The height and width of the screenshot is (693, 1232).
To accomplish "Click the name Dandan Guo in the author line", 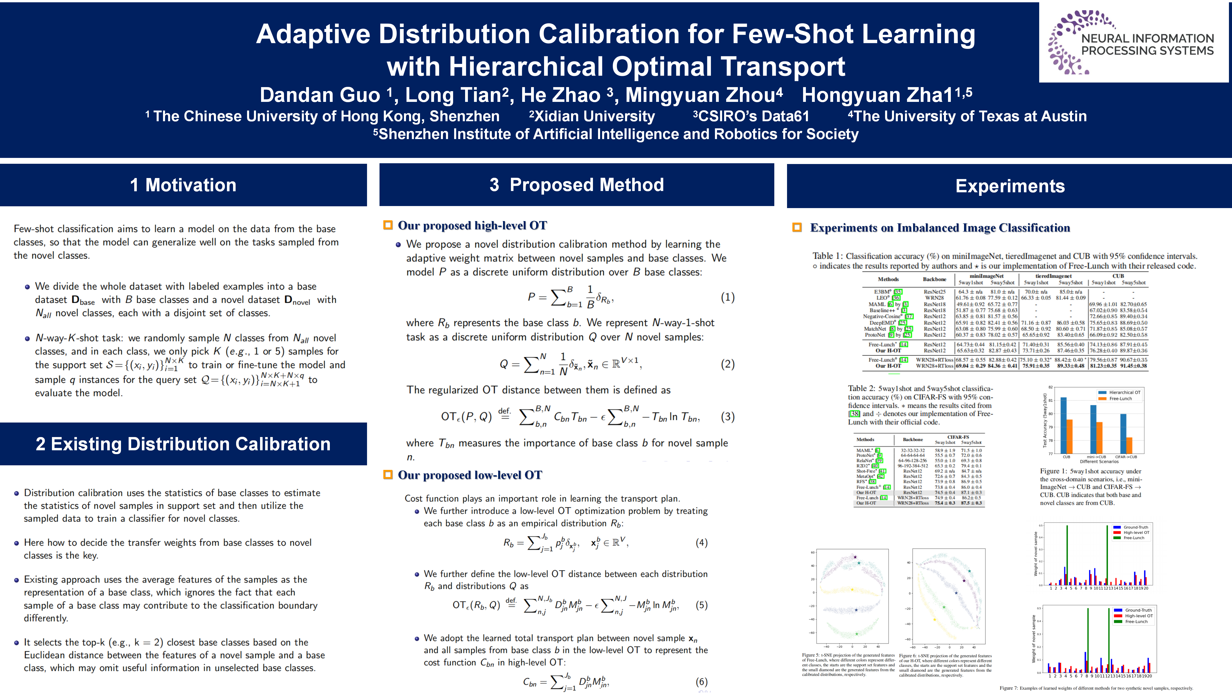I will tap(319, 95).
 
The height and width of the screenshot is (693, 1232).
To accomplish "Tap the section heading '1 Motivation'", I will tap(183, 185).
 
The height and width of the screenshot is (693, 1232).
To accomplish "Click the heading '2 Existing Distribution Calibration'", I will tap(183, 444).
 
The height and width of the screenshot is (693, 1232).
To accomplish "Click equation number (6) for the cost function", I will tap(701, 682).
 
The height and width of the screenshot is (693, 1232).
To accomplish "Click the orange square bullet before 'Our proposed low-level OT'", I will tap(388, 474).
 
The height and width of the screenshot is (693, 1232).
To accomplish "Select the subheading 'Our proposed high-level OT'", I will tap(472, 225).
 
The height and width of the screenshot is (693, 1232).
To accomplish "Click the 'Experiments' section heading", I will tap(1010, 186).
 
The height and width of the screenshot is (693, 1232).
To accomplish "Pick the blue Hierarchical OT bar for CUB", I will tap(1063, 425).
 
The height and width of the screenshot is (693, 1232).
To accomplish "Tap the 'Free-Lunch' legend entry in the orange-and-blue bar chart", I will tap(1120, 398).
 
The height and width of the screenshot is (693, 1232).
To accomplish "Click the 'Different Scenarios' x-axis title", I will tap(1099, 461).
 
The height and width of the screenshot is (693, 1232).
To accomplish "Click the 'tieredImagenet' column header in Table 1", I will tap(1053, 276).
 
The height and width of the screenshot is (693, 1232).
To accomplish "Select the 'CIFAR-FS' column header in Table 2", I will tap(958, 437).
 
